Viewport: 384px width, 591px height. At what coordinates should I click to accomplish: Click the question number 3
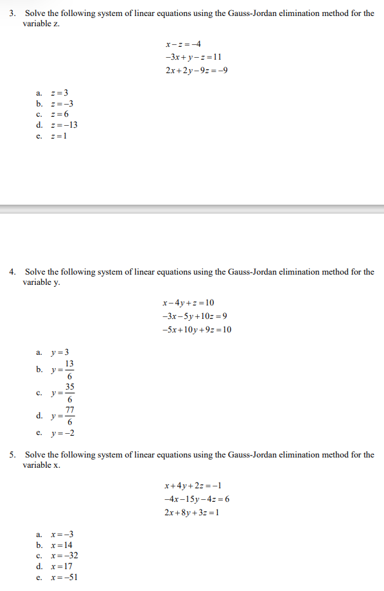pyautogui.click(x=12, y=13)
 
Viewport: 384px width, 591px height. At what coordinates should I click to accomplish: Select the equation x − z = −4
pyautogui.click(x=183, y=44)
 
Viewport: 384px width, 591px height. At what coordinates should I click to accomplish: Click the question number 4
pyautogui.click(x=12, y=272)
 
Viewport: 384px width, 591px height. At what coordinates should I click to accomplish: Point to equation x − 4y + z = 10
pyautogui.click(x=189, y=303)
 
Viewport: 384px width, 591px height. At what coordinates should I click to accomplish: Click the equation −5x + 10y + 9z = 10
pyautogui.click(x=197, y=330)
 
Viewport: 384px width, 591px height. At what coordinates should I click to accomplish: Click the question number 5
pyautogui.click(x=12, y=455)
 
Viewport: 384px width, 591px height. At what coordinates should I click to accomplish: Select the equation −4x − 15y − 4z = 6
pyautogui.click(x=197, y=499)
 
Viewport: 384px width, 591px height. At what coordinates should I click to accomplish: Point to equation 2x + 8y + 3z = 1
pyautogui.click(x=193, y=512)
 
